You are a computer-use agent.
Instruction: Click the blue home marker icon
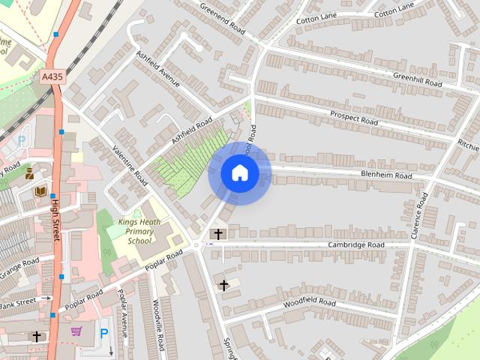point(239,172)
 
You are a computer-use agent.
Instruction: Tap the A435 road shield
point(51,76)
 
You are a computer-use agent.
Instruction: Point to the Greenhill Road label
point(418,79)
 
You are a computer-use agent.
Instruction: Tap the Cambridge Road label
point(355,245)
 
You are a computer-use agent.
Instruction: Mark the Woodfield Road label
point(310,302)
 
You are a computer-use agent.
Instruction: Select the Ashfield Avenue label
point(157,69)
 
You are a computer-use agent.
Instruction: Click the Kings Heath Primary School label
point(139,232)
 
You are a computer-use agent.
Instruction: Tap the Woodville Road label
point(158,325)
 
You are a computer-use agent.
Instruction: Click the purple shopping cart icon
point(76,331)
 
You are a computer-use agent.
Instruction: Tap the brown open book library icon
point(40,191)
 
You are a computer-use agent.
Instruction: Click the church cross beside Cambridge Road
point(218,234)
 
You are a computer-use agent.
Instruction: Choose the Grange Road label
point(20,267)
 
